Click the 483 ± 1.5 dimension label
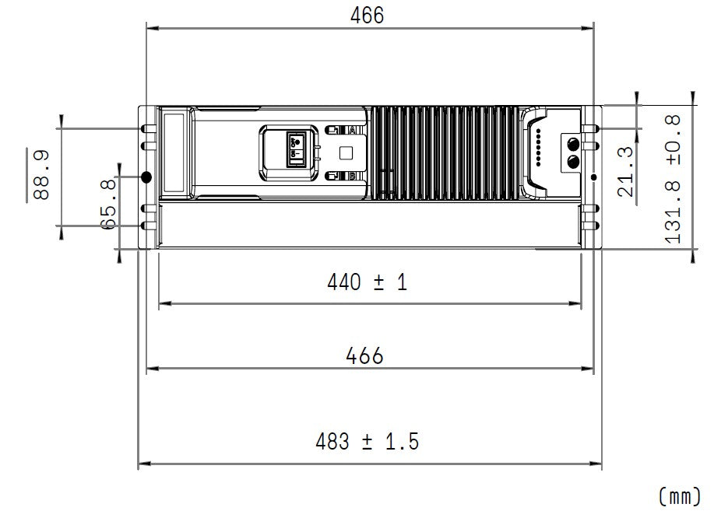pos(367,442)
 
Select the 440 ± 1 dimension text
pos(367,282)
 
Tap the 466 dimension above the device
pos(367,15)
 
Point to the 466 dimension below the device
pos(364,356)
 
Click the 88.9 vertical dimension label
pos(41,175)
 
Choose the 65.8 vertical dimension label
pos(108,205)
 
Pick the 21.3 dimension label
pos(625,172)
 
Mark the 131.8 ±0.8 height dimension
pos(674,179)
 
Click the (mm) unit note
pos(680,496)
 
